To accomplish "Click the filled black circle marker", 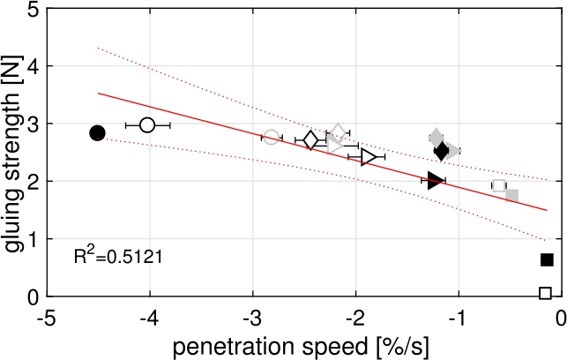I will [x=98, y=132].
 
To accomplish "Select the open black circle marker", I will [x=147, y=125].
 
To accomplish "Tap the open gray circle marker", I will [x=272, y=138].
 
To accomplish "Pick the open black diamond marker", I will [x=310, y=140].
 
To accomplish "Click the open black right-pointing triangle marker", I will [x=369, y=156].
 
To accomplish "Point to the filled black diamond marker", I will [x=443, y=151].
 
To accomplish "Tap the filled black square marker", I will [x=547, y=259].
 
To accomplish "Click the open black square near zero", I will [x=545, y=293].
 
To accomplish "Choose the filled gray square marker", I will [x=512, y=194].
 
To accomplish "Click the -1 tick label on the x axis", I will [x=457, y=318].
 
